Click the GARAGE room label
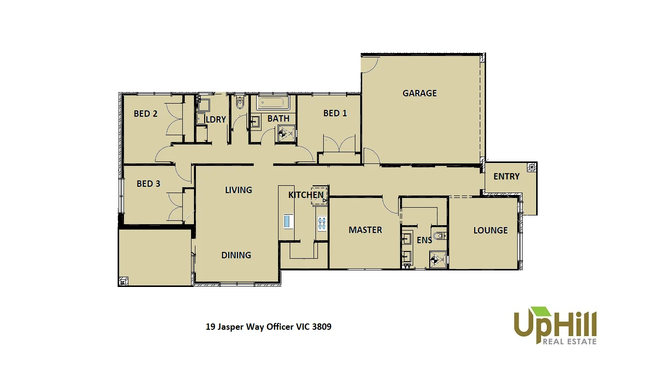420,93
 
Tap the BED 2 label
145,114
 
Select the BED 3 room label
148,184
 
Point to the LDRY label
216,120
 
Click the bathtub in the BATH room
272,103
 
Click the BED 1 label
335,113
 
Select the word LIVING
238,190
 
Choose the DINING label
236,255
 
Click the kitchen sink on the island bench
287,221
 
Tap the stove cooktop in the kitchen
322,223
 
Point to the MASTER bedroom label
365,230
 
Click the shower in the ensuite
437,259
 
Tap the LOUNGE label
490,231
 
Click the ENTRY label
507,177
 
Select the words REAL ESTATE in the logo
569,341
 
